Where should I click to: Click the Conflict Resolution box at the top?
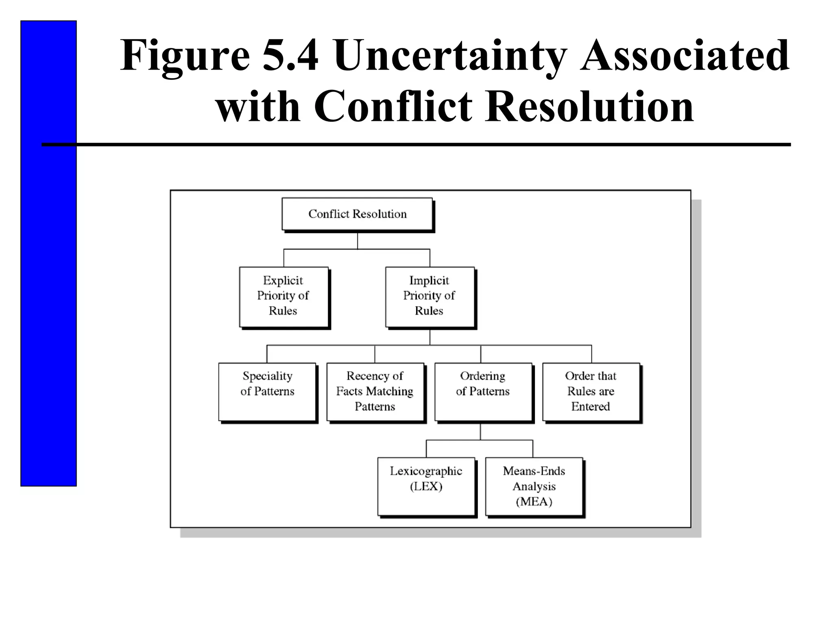coord(357,214)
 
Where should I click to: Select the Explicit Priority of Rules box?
coord(283,297)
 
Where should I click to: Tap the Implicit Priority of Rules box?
coord(430,297)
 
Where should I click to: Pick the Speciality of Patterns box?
coord(267,391)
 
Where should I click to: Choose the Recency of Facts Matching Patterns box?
coord(375,391)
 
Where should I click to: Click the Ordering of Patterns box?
coord(483,391)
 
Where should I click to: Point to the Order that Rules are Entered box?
coord(591,391)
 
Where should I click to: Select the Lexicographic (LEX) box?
coord(426,486)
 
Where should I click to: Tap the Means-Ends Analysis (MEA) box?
coord(534,486)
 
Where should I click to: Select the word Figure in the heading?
coord(185,56)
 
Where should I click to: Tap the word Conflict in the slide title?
coord(393,107)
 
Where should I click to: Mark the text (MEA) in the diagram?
coord(534,502)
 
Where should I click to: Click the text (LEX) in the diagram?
coord(426,487)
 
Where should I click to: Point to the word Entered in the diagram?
coord(591,406)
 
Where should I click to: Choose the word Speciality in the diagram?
coord(268,376)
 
